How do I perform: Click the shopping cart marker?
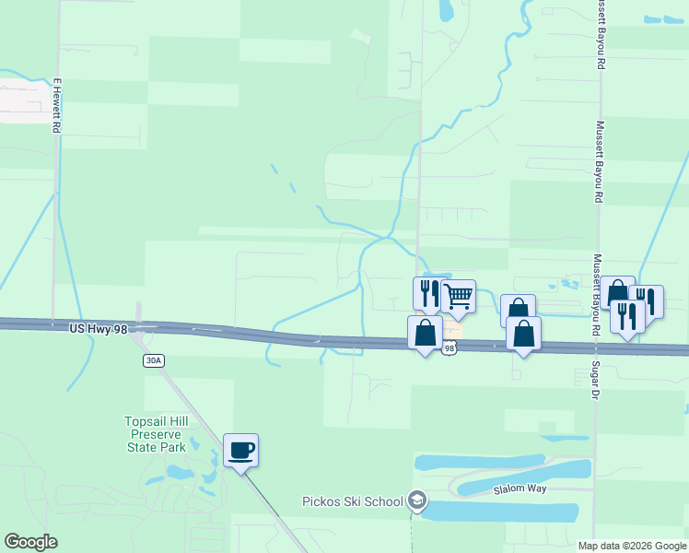(x=458, y=297)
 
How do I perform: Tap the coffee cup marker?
(x=241, y=451)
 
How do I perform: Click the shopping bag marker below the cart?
(x=425, y=333)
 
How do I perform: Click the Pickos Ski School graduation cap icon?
(x=417, y=500)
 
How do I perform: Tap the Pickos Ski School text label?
(x=353, y=501)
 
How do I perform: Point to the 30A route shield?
(x=154, y=360)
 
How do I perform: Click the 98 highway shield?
(x=450, y=347)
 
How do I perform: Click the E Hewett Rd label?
(x=56, y=105)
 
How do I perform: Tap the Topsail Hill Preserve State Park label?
(x=156, y=434)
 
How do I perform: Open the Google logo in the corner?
(x=30, y=542)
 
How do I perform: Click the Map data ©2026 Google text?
(x=633, y=546)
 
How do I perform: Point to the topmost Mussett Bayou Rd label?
(x=601, y=35)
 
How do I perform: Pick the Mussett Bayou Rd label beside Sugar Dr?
(x=597, y=295)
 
